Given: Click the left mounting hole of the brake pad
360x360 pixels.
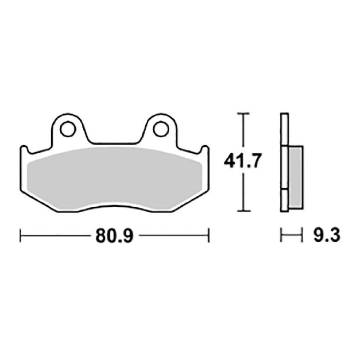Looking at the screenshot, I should tap(68, 128).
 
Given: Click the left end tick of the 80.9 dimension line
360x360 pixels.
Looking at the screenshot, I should tap(20, 235).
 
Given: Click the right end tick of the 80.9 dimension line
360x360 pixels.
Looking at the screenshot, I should tap(209, 235).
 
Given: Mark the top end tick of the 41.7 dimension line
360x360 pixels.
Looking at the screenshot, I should tap(243, 114).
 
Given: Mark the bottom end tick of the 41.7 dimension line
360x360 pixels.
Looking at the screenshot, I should tap(243, 211).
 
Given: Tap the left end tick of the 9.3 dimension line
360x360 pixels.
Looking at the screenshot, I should tap(281, 235).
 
